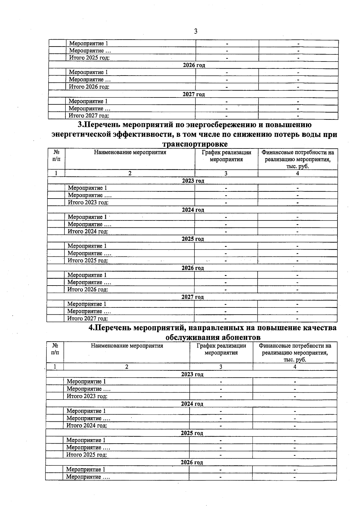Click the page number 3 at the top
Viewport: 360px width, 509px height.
click(196, 31)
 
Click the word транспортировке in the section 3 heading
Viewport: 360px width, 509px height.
click(195, 144)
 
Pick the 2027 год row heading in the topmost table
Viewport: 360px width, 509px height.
click(194, 94)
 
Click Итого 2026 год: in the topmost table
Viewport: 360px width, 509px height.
click(89, 87)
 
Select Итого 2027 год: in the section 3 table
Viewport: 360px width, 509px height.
click(88, 319)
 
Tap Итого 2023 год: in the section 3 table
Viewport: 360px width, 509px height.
click(88, 202)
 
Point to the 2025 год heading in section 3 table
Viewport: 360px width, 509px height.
click(193, 239)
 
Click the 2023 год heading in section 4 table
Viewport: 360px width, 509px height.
click(192, 374)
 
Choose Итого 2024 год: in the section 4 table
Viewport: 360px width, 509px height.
click(87, 425)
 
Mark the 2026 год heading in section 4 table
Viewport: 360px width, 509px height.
click(192, 462)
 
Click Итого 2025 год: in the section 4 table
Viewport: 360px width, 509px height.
click(87, 455)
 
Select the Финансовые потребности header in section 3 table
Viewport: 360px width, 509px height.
click(298, 159)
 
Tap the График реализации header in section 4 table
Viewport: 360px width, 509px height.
click(221, 349)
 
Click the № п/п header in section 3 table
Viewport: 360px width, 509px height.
click(56, 156)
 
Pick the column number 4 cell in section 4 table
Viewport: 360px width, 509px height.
click(295, 367)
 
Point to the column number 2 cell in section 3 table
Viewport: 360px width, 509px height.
click(130, 173)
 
